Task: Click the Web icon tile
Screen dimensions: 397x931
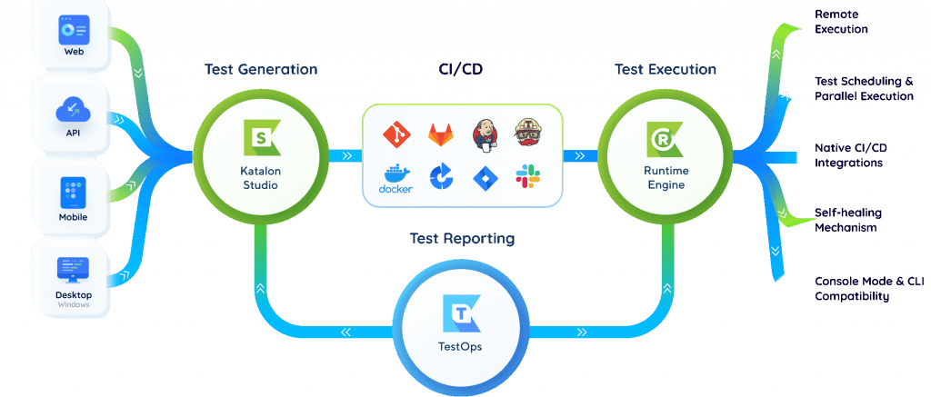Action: [72, 31]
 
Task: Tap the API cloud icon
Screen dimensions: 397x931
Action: [72, 111]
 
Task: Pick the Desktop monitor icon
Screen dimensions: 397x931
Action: [72, 270]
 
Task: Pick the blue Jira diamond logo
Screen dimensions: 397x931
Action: [485, 177]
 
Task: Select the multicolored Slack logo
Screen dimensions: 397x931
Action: [528, 177]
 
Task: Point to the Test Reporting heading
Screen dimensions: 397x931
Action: [461, 239]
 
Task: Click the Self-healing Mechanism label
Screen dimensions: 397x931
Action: [847, 220]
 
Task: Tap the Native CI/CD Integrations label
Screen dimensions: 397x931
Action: [848, 155]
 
